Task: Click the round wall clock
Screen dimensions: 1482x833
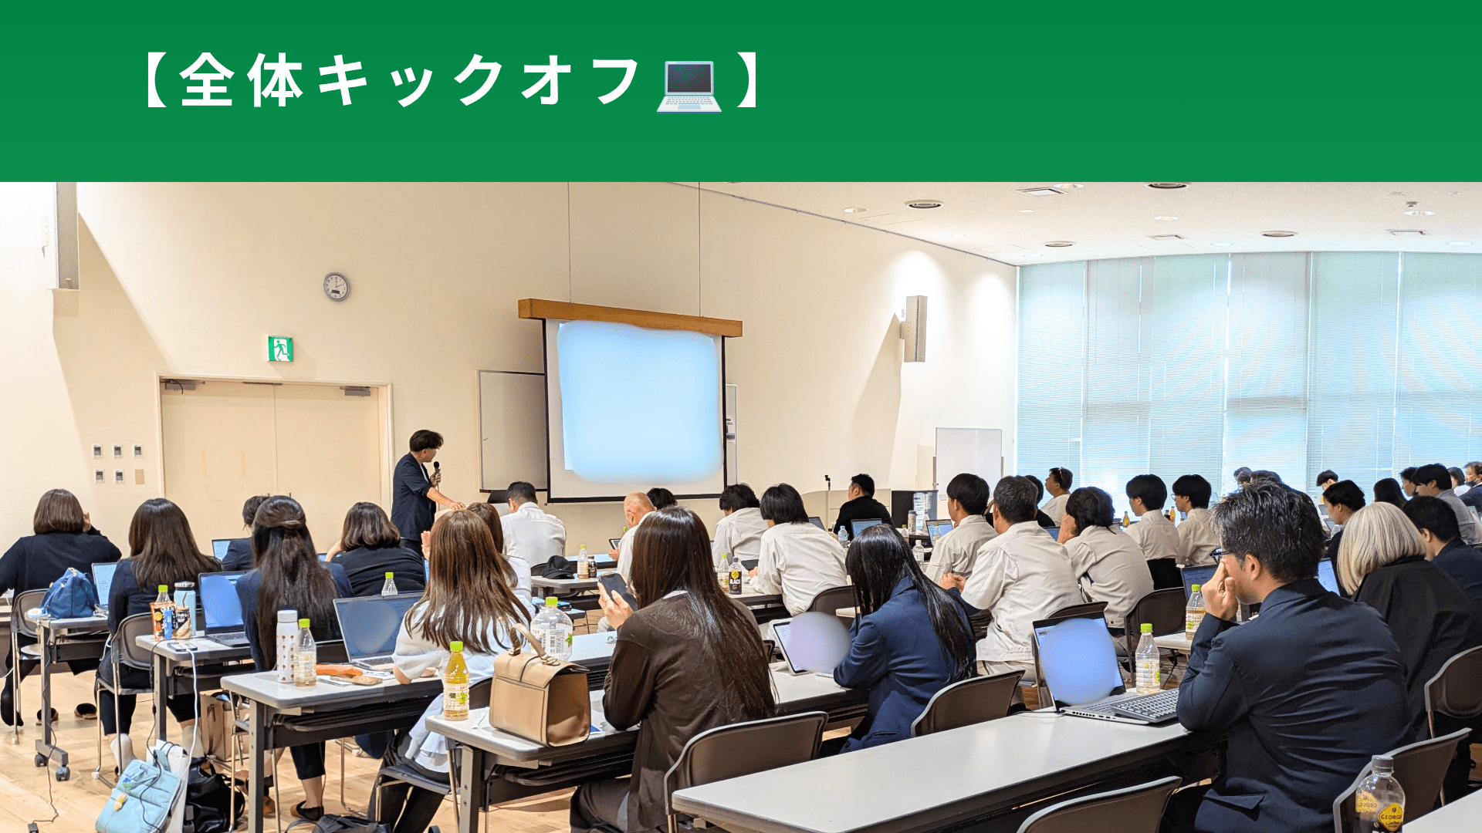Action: click(336, 287)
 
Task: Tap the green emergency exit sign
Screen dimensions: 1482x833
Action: click(280, 349)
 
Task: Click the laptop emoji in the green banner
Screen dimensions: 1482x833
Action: click(689, 86)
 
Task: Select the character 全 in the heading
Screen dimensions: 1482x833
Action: click(207, 80)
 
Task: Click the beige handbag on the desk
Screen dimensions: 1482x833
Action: click(540, 692)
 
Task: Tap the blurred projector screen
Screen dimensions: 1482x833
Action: click(639, 401)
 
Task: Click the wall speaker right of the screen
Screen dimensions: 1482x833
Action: click(915, 329)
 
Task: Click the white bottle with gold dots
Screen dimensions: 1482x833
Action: click(286, 646)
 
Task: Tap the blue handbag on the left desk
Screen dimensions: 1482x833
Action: click(69, 594)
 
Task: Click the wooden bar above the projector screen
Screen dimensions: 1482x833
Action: click(630, 317)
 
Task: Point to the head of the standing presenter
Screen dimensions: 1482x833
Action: click(426, 443)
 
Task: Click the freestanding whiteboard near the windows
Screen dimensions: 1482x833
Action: click(969, 459)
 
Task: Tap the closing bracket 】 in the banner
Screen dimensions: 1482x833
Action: click(747, 80)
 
